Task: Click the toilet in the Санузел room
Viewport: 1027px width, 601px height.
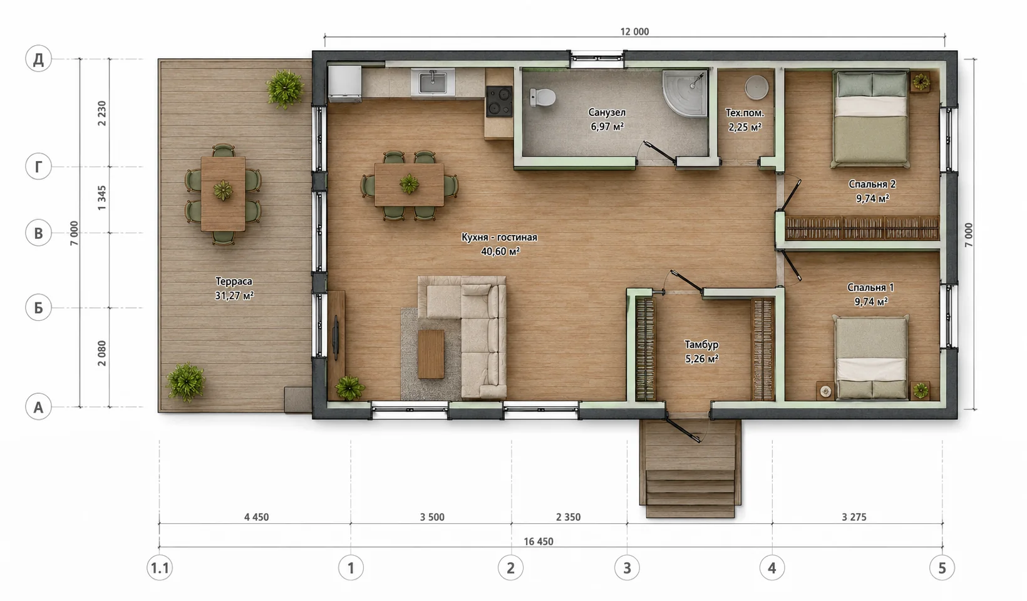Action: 543,97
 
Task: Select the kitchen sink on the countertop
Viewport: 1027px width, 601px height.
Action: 433,82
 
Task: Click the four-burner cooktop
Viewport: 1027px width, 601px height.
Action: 499,101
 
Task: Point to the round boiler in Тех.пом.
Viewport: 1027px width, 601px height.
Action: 756,87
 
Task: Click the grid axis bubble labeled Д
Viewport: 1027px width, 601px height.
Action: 39,59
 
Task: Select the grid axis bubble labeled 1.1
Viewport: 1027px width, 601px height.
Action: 160,568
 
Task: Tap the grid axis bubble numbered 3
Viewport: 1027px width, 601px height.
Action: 627,568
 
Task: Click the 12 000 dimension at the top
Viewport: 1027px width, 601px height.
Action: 634,32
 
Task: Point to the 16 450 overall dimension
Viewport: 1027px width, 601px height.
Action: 539,541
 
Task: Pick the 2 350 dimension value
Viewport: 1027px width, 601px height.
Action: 568,517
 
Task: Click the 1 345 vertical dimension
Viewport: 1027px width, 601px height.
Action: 102,198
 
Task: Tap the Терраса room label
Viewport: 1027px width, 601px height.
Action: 234,281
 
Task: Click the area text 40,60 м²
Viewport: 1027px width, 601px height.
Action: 500,251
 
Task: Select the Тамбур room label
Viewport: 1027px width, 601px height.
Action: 701,344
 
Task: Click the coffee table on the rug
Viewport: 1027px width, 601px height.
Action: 431,353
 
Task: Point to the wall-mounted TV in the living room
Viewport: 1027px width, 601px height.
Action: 336,337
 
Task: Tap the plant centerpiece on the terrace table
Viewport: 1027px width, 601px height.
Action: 223,190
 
